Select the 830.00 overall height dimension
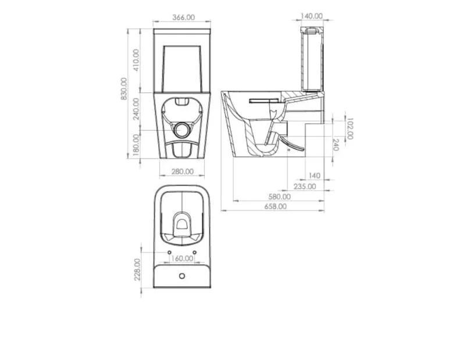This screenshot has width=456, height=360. [x=124, y=89]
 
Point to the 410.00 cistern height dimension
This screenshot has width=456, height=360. [x=137, y=59]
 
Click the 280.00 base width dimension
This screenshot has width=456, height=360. [x=182, y=172]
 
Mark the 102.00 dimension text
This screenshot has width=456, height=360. [x=350, y=128]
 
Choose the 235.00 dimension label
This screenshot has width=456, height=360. [x=304, y=186]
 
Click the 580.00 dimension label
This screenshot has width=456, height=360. [x=279, y=197]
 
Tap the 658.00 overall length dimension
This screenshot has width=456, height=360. [x=275, y=206]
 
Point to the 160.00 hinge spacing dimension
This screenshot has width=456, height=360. [x=182, y=258]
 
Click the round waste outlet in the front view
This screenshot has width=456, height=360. [x=183, y=130]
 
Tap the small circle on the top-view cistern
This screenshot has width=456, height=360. [x=181, y=275]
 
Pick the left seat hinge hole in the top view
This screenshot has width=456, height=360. [x=169, y=253]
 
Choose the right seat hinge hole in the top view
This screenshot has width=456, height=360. [x=195, y=253]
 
